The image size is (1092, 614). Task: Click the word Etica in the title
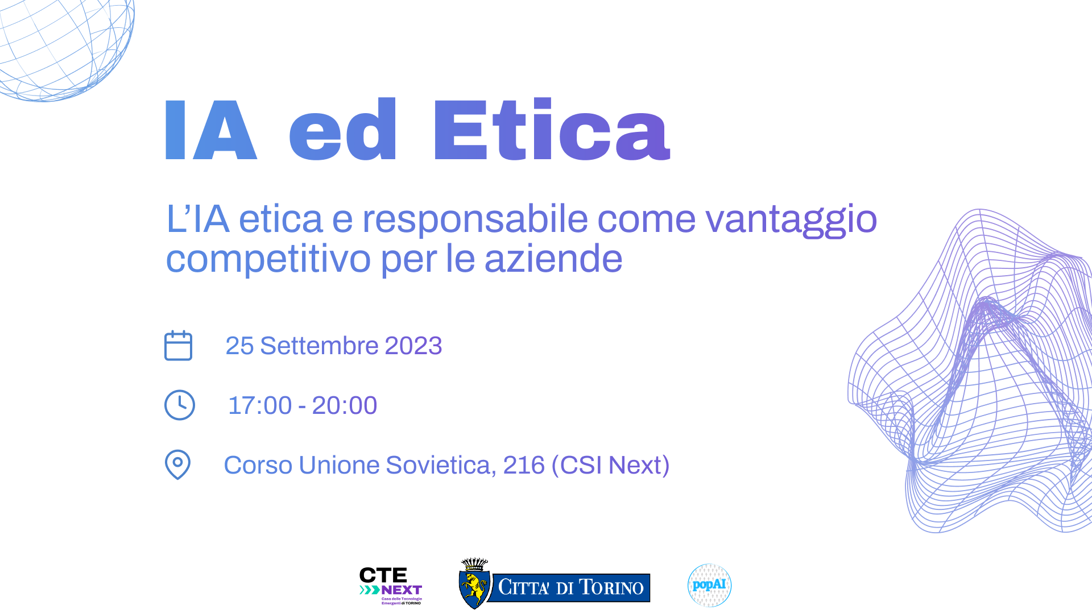tap(552, 129)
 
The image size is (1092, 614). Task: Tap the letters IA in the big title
tap(211, 130)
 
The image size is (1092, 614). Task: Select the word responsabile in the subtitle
tap(475, 219)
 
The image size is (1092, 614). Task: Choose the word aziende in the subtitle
tap(553, 259)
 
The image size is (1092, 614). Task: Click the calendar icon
tap(179, 346)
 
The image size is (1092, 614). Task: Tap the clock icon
tap(180, 405)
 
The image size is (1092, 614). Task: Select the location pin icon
tap(177, 465)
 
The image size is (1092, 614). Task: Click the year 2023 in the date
tap(413, 346)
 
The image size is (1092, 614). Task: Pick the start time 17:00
tap(260, 405)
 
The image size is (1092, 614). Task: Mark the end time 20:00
tap(345, 405)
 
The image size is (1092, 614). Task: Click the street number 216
tap(524, 465)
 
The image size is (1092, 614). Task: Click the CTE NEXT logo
tap(391, 586)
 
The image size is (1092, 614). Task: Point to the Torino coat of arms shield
tap(474, 589)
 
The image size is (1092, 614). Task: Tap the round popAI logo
tap(709, 585)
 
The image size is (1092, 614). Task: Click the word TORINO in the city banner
tap(611, 587)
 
